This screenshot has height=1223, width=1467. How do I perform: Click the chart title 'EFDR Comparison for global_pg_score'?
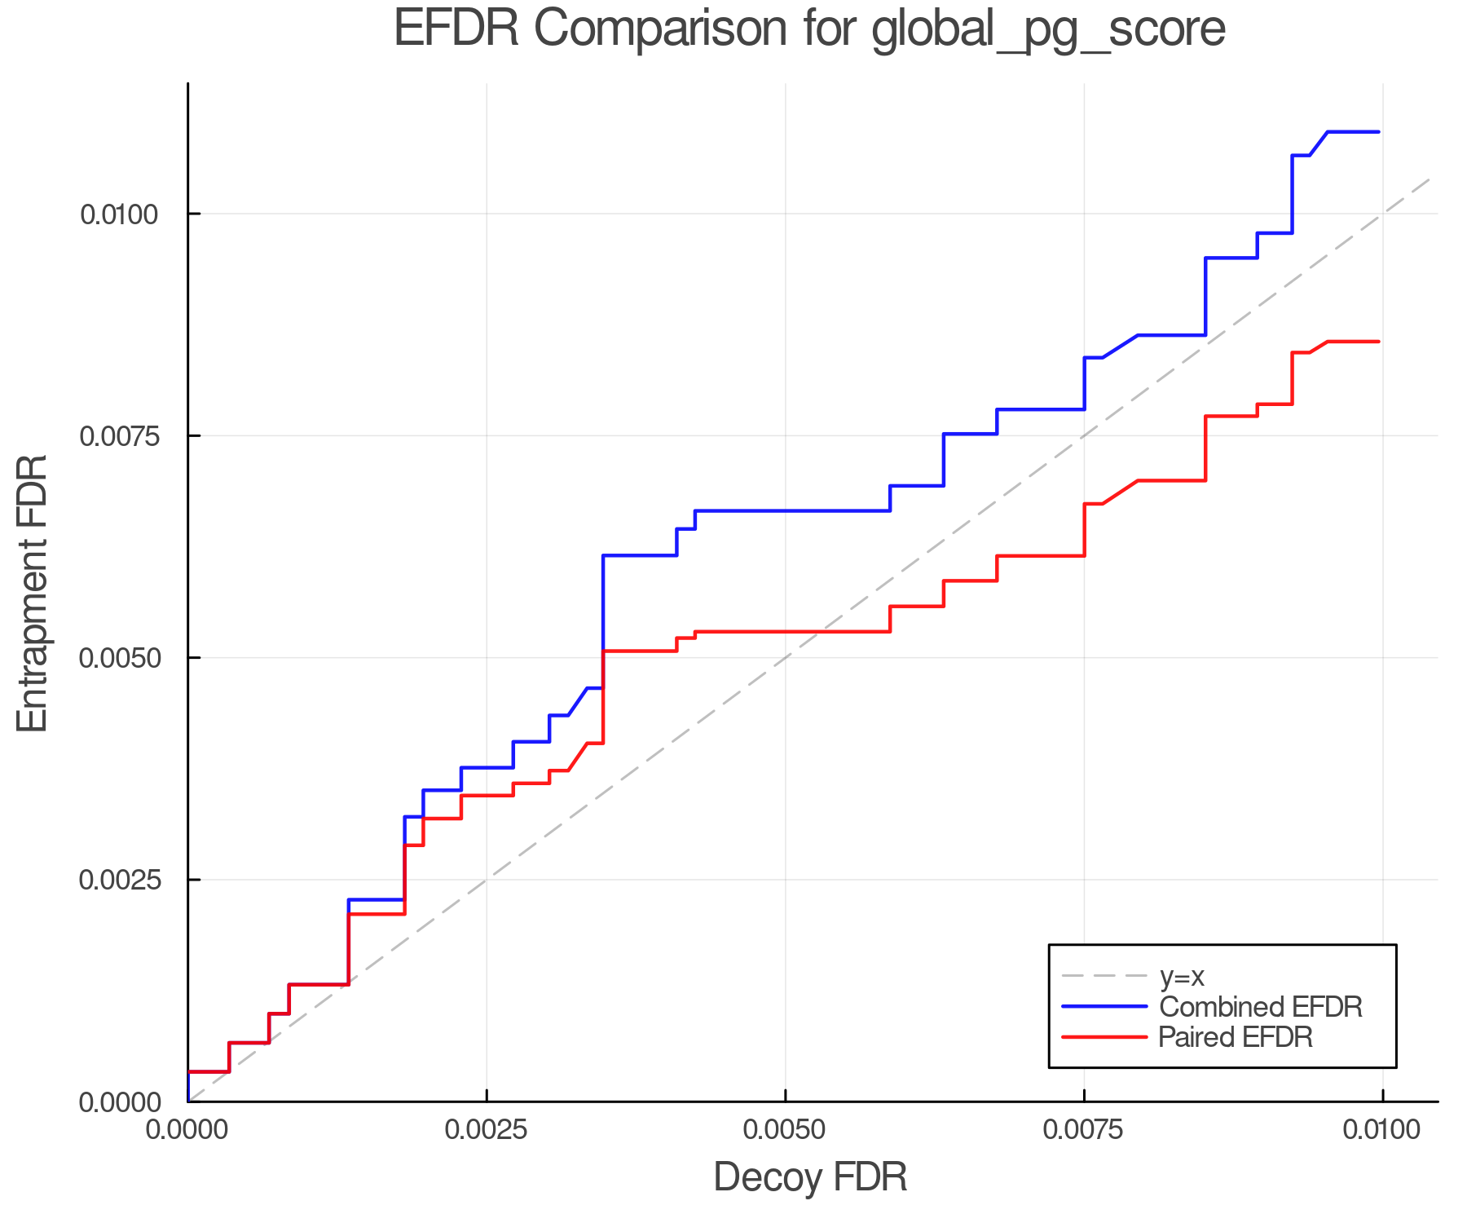809,29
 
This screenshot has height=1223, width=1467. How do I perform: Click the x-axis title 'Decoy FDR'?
810,1177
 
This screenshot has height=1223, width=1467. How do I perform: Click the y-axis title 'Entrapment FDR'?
33,593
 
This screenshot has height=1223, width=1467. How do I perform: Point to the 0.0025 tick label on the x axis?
487,1130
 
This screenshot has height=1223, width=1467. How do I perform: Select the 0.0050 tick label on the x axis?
785,1130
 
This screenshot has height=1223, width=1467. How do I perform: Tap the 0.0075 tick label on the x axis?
1084,1130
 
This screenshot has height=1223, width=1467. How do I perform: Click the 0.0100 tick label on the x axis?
1382,1130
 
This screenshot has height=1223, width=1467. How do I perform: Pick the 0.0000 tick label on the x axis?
188,1130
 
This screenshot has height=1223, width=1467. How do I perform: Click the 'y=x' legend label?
1182,976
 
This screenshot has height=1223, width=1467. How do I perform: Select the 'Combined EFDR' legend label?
1260,1007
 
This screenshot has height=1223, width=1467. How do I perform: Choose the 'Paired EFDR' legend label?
1236,1037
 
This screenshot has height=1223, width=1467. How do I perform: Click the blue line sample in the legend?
1104,1007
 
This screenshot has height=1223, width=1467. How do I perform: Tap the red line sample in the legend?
1104,1037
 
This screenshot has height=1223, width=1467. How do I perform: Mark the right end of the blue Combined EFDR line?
1379,131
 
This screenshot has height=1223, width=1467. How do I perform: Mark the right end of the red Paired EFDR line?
1379,342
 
